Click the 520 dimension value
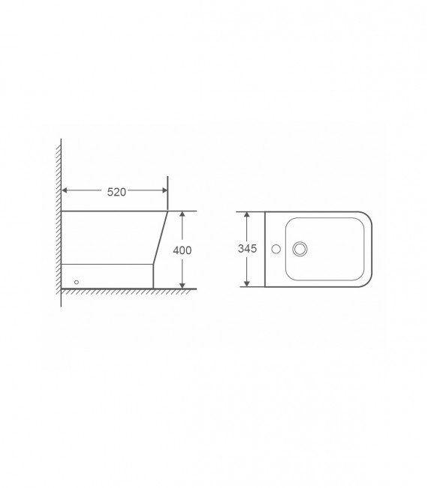click(116, 192)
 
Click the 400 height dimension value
click(182, 250)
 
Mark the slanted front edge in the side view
click(161, 238)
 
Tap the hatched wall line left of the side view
click(59, 225)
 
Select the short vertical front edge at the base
click(154, 276)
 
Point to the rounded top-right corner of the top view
click(369, 217)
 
